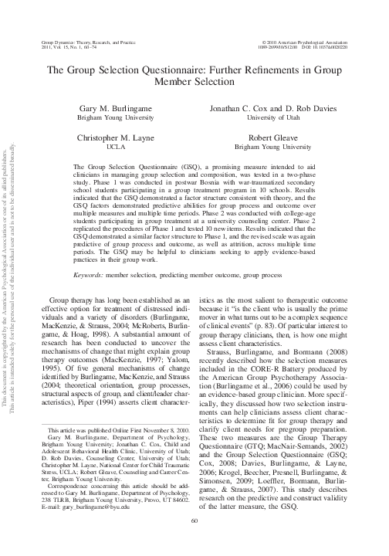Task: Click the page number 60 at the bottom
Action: coord(194,543)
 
